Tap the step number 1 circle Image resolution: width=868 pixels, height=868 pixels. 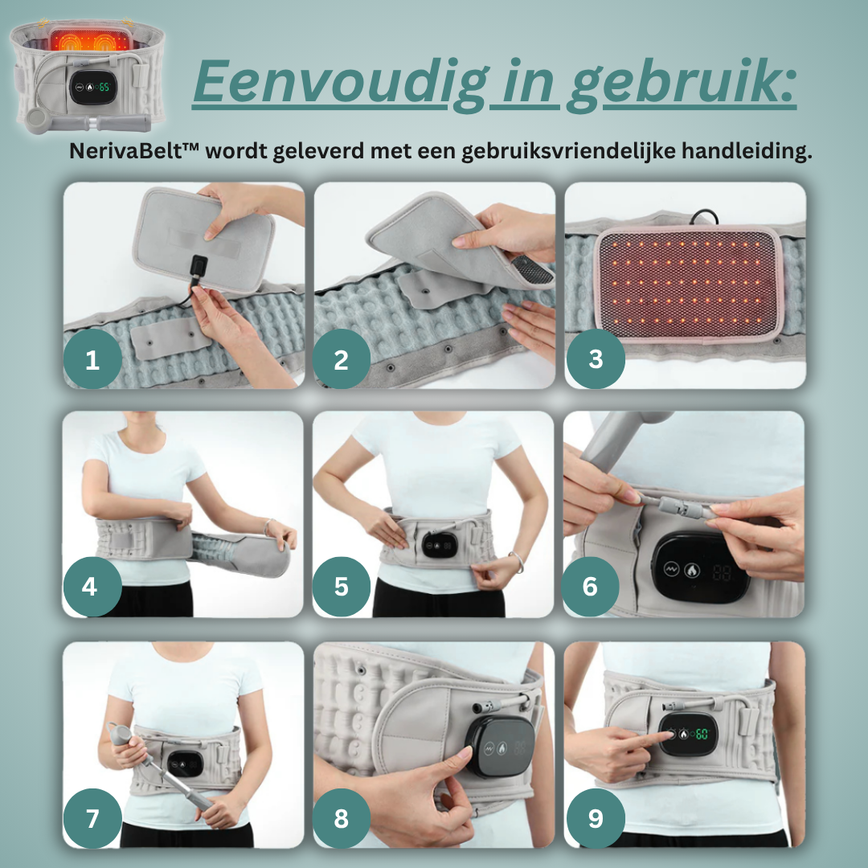click(92, 359)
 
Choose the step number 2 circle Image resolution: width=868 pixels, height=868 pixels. click(342, 359)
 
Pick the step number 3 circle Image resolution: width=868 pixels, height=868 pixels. click(596, 359)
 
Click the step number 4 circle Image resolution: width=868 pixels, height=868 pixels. click(92, 587)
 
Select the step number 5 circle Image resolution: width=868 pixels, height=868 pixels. click(342, 587)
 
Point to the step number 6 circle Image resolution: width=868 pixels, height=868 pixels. click(590, 587)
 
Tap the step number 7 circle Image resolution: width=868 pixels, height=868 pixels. click(92, 818)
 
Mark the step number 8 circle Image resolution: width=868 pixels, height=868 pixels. click(342, 818)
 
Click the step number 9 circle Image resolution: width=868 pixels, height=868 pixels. click(596, 818)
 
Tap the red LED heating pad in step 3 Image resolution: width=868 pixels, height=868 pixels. click(688, 284)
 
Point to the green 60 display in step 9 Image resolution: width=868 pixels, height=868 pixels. click(702, 734)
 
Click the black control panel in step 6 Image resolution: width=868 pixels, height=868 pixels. click(701, 568)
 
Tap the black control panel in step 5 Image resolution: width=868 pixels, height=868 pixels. click(440, 545)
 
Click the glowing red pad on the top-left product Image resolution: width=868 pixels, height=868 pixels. click(91, 40)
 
